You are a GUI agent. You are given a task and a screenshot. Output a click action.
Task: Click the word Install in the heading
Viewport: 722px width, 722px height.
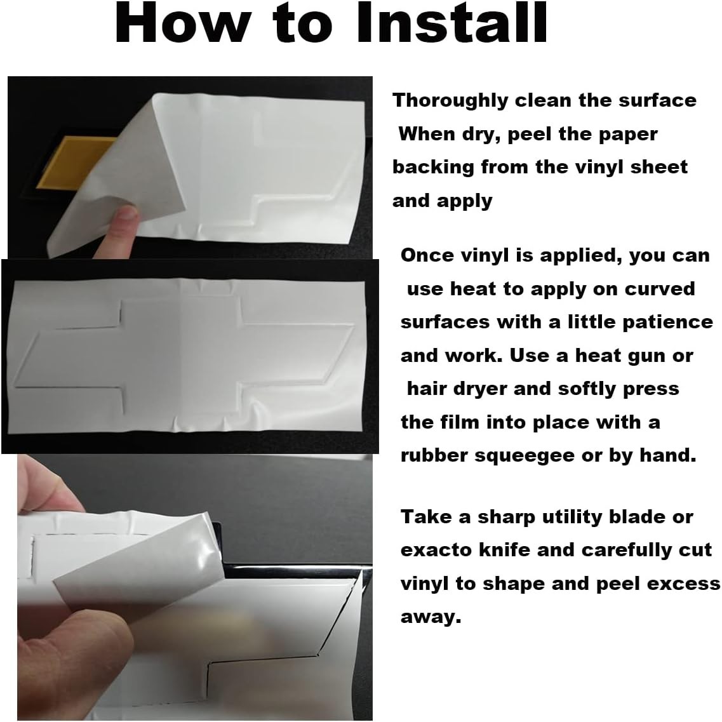pyautogui.click(x=452, y=23)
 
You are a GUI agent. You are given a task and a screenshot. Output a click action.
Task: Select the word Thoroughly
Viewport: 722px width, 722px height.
pyautogui.click(x=450, y=100)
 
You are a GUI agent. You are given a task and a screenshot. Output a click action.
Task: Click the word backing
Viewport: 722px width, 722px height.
pyautogui.click(x=433, y=167)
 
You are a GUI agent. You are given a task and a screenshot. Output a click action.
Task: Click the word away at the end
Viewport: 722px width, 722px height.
pyautogui.click(x=431, y=617)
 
